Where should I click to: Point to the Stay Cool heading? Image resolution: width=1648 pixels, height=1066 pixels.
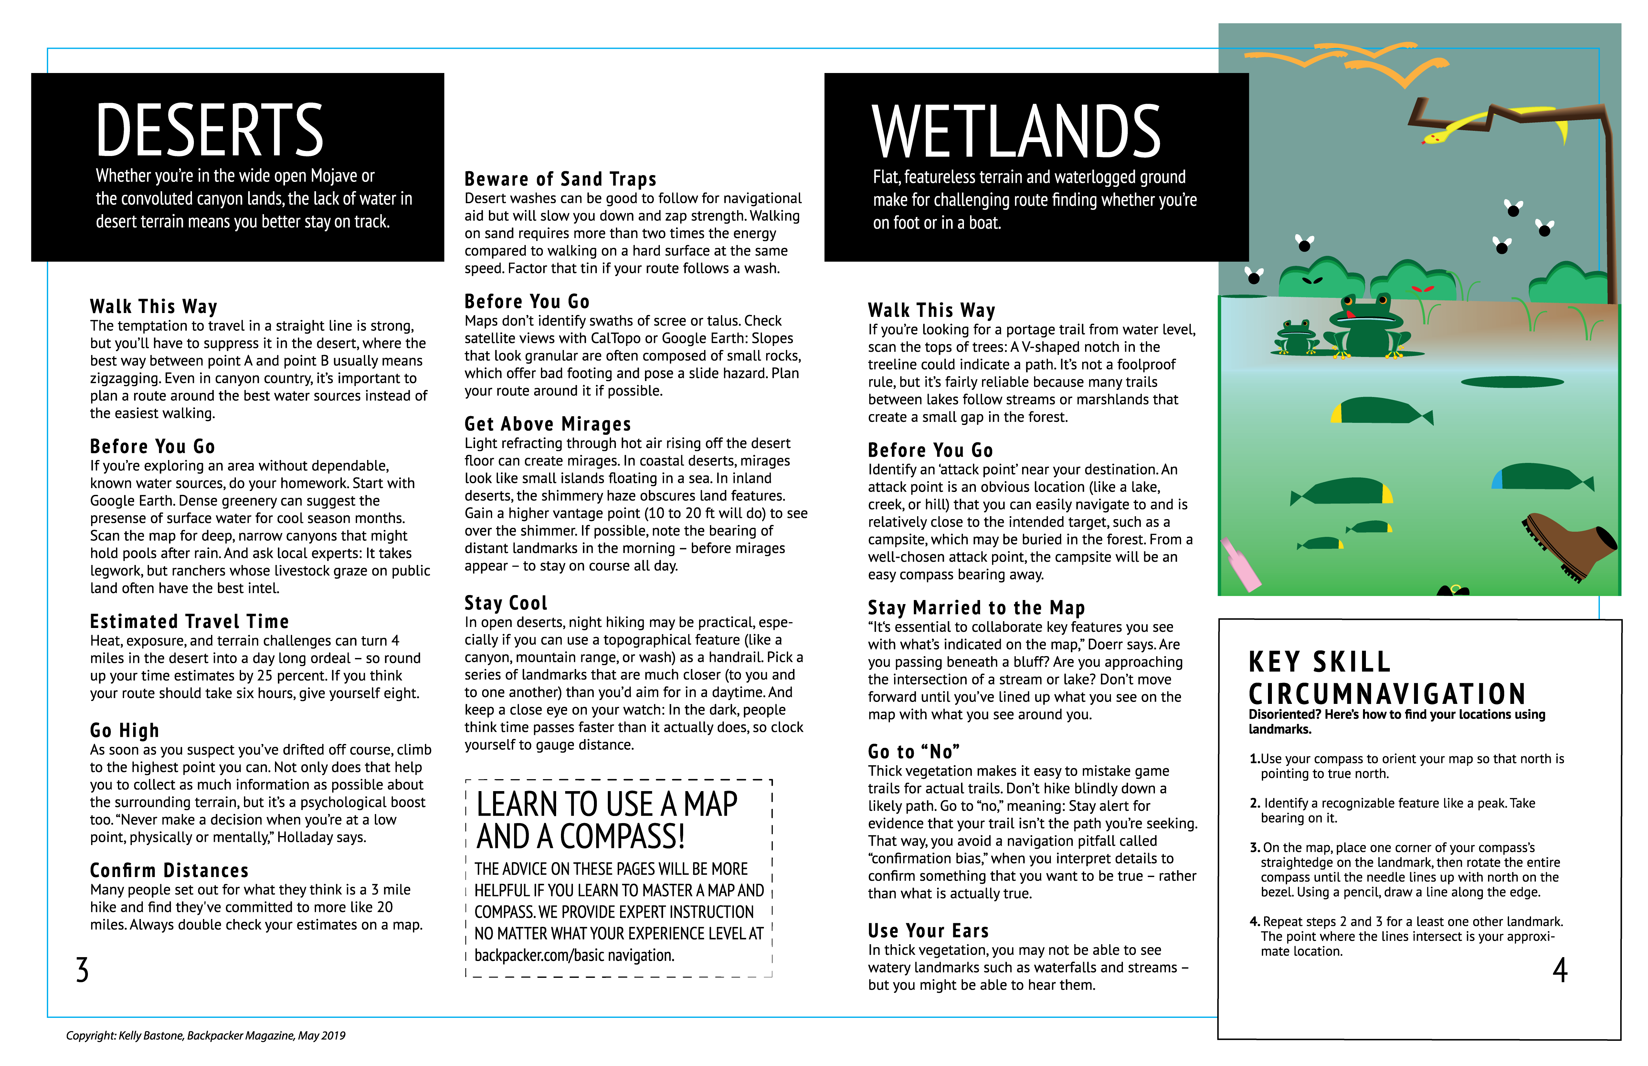[505, 603]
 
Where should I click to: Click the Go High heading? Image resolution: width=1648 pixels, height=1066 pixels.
[125, 730]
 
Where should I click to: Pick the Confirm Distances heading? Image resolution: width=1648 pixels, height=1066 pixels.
[169, 870]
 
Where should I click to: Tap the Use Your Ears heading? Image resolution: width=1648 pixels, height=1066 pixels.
[928, 930]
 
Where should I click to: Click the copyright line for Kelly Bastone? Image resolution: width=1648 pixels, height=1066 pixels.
[206, 1036]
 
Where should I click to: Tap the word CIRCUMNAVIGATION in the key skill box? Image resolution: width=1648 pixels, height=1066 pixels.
[1387, 694]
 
